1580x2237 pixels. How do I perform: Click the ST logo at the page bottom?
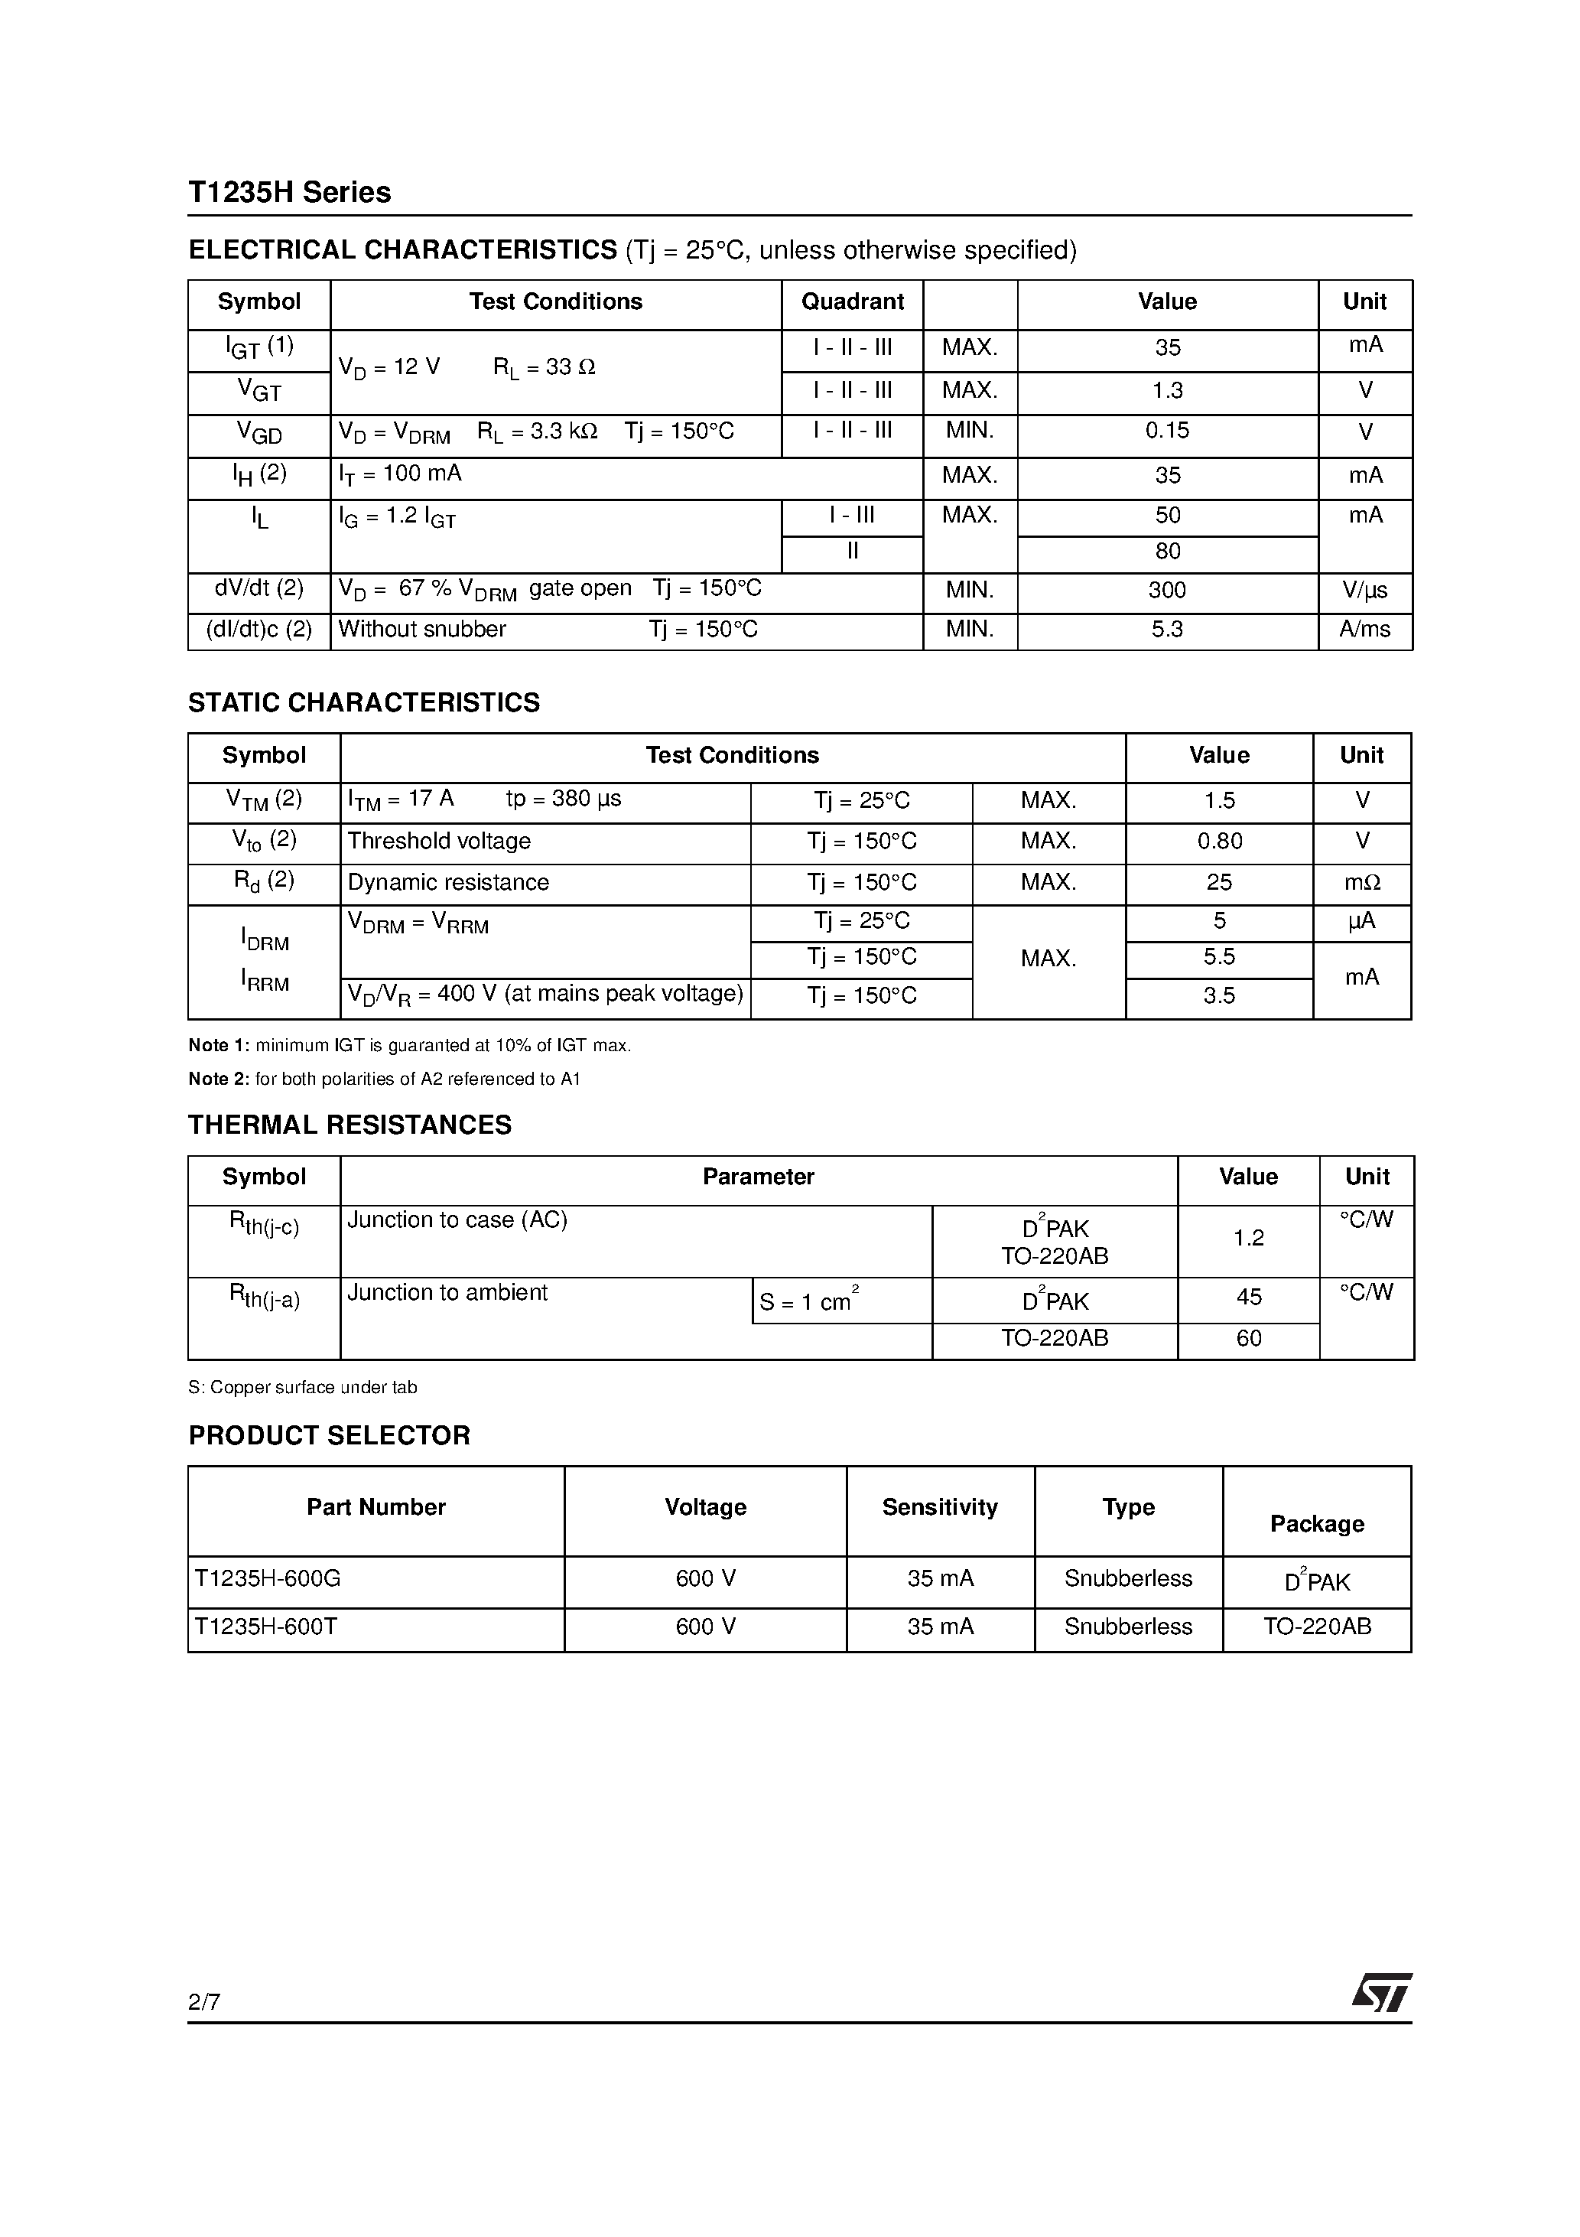[1382, 1994]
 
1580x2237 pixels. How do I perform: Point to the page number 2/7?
[204, 2002]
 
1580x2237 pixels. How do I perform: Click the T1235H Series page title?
[289, 192]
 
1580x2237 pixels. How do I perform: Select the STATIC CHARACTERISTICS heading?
[363, 702]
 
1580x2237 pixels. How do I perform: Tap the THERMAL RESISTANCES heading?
[349, 1125]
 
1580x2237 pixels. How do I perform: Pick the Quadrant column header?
[853, 302]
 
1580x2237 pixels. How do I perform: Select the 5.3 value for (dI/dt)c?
[1167, 630]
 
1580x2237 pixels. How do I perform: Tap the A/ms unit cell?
[1365, 630]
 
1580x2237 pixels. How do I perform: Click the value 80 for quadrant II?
[1167, 552]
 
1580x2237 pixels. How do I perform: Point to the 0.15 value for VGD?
[1167, 431]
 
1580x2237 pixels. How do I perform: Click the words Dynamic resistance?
[448, 883]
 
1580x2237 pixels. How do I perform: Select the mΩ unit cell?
[1362, 883]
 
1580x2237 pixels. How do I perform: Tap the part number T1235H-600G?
[268, 1578]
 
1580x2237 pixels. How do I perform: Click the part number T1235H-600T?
[266, 1627]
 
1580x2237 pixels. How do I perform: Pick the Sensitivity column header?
[940, 1507]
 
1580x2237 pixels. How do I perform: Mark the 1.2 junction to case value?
[1248, 1239]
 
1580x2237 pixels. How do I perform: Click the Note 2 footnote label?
[219, 1079]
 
